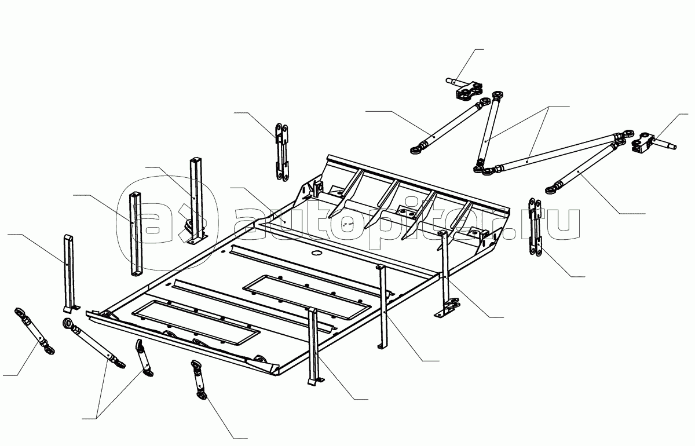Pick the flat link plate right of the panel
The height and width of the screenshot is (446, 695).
pos(533,228)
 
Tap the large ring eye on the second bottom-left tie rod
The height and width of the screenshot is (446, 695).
pos(68,325)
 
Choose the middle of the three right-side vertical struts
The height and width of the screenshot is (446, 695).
pos(382,307)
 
